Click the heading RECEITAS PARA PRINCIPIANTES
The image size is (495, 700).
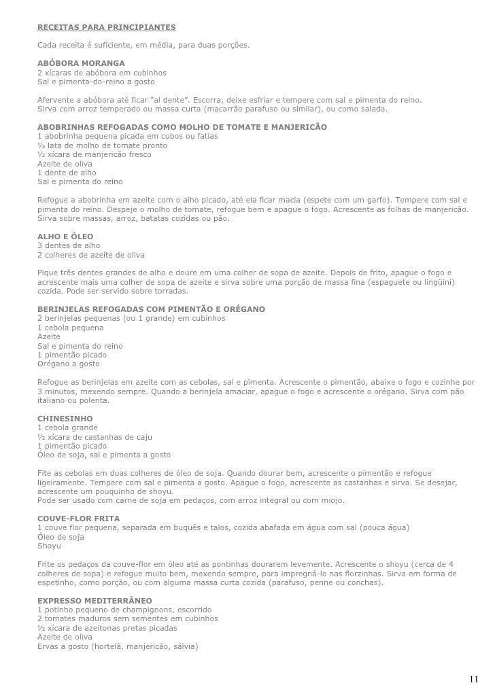click(x=106, y=27)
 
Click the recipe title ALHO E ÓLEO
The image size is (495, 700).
click(x=65, y=237)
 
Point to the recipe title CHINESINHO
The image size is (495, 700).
click(x=65, y=419)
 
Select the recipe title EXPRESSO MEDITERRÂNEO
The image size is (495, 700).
click(x=95, y=601)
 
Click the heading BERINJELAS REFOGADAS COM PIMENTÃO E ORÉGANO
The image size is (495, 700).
click(x=151, y=309)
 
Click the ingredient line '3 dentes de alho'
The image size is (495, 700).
click(x=69, y=245)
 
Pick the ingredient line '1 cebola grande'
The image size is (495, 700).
click(x=67, y=427)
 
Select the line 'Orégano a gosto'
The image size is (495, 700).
click(x=69, y=364)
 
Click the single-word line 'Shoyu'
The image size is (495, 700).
click(x=49, y=546)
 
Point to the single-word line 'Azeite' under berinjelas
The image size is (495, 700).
click(x=49, y=336)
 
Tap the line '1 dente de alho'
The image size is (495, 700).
click(x=67, y=173)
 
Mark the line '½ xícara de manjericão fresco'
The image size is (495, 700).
click(x=95, y=154)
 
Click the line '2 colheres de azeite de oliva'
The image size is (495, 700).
click(x=91, y=254)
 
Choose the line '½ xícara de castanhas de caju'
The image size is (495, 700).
click(x=95, y=437)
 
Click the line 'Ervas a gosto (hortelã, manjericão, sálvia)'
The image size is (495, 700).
click(x=118, y=646)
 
